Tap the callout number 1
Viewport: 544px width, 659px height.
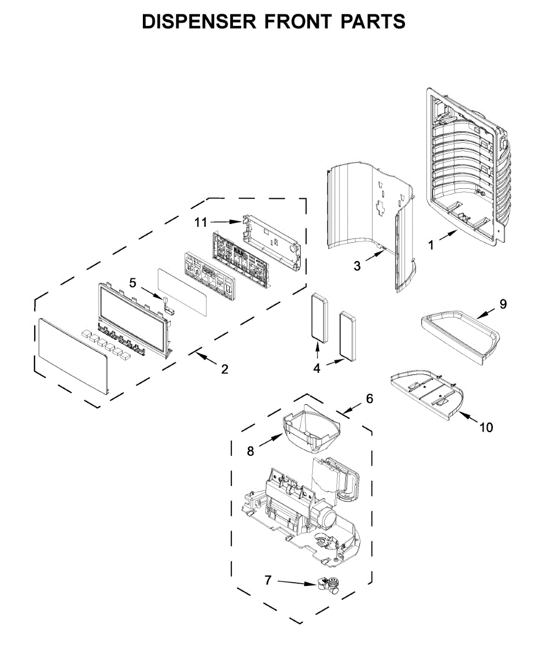[x=431, y=245]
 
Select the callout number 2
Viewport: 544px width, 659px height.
[x=224, y=369]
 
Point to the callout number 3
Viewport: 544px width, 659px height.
[x=358, y=267]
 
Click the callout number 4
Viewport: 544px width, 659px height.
[x=317, y=368]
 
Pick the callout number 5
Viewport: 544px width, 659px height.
[x=132, y=283]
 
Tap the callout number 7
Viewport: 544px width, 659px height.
[x=268, y=580]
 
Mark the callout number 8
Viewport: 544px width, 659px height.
[x=251, y=451]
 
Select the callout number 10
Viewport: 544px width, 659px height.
[x=486, y=427]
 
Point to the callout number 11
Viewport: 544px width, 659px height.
[x=201, y=222]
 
